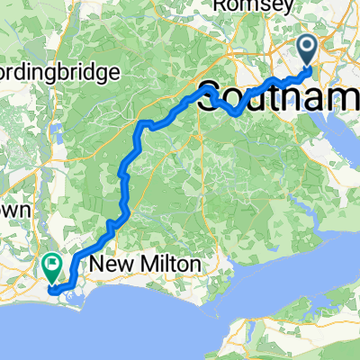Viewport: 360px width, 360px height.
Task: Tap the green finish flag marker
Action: coord(50,266)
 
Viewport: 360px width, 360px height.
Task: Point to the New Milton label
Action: coord(147,266)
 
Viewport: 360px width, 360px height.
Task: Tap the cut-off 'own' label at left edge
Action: coord(16,209)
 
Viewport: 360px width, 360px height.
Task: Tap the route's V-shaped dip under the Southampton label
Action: coord(236,113)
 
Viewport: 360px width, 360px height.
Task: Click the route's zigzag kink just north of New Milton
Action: coord(112,225)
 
